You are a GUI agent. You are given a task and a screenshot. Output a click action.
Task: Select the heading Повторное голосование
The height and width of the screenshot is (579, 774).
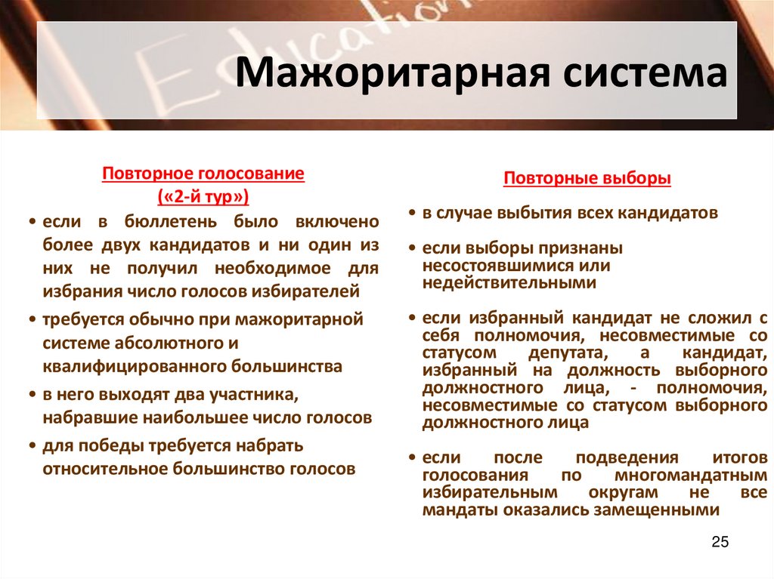(203, 174)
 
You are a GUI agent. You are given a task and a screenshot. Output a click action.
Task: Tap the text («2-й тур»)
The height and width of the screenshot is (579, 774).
(203, 197)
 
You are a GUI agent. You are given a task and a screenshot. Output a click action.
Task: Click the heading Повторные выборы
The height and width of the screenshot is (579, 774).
(587, 179)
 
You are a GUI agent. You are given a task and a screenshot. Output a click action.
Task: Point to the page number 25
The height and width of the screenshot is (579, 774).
(720, 543)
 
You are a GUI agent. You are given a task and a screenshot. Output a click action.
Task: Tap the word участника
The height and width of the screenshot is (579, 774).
(257, 394)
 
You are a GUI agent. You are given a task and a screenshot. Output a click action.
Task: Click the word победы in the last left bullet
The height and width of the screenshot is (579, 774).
(101, 444)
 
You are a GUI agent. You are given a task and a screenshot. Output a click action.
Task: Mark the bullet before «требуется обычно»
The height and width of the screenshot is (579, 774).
(33, 320)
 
